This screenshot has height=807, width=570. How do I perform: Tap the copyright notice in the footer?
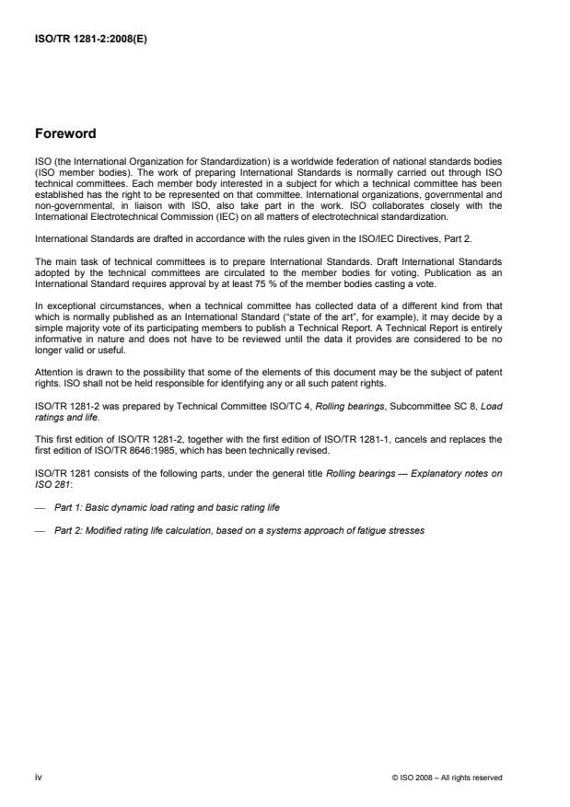click(447, 778)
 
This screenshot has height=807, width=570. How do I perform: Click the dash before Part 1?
click(40, 507)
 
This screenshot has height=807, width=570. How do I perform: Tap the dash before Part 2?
click(40, 531)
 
